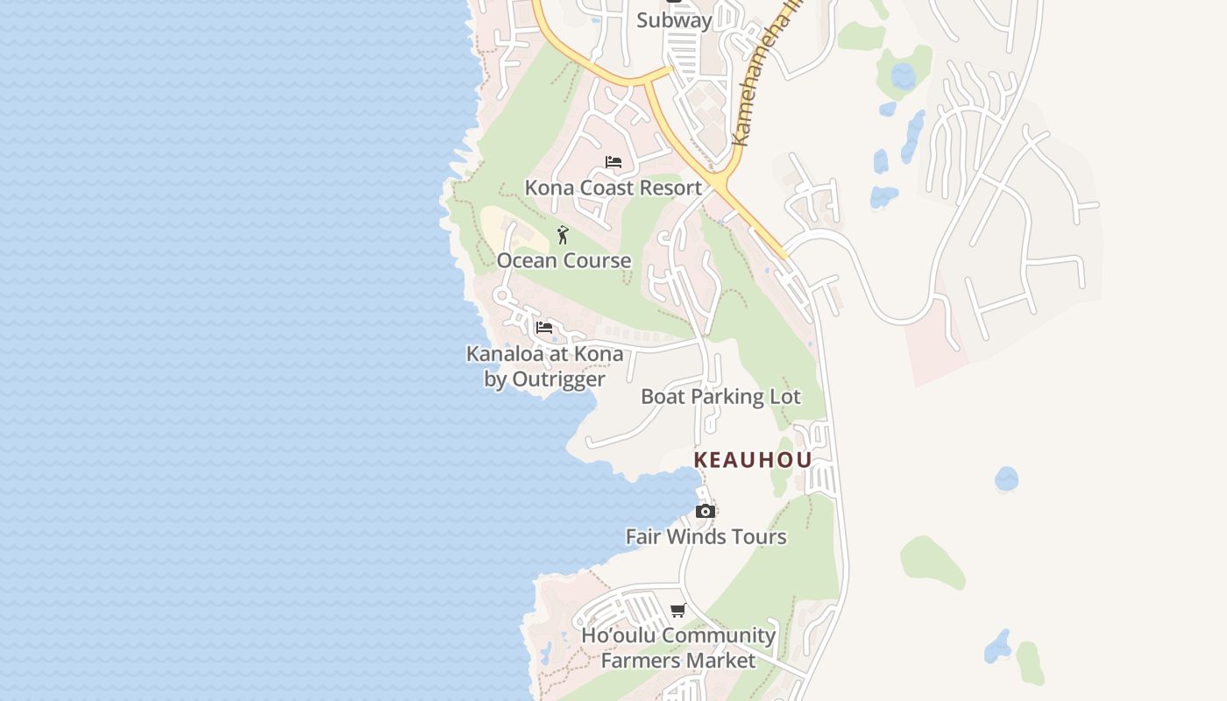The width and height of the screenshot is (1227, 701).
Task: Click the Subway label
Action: point(674,19)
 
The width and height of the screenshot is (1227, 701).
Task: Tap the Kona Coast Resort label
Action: point(613,188)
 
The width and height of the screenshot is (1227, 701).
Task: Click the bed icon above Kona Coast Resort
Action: point(613,162)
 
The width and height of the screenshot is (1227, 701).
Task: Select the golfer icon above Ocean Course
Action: point(563,235)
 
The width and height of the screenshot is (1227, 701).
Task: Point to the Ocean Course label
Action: point(564,260)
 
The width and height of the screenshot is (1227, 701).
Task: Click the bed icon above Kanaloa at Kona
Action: point(544,328)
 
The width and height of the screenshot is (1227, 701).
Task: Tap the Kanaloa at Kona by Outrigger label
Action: point(544,366)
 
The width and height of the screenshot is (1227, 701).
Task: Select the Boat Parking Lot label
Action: point(720,396)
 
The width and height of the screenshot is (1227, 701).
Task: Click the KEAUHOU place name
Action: point(752,460)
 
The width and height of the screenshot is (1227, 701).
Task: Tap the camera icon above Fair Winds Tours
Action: point(705,511)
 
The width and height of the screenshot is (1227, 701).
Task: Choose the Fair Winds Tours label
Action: point(706,536)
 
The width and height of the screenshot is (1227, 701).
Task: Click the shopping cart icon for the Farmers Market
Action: point(677,610)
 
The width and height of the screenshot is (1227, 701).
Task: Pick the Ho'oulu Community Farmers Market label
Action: point(678,648)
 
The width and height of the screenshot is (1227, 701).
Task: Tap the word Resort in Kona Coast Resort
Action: point(670,188)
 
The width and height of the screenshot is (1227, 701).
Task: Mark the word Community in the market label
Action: point(717,635)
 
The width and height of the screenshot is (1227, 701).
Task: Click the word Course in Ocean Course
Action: point(598,260)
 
